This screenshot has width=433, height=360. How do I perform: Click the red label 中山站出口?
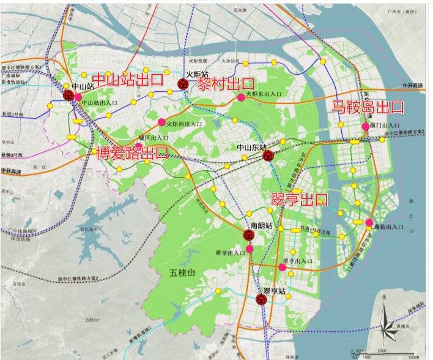point(127,79)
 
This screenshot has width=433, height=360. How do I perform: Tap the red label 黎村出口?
point(226,84)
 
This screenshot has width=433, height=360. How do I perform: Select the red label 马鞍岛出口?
point(368,108)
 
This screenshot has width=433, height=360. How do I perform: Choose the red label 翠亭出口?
point(299,199)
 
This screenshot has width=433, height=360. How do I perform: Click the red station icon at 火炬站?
point(182,84)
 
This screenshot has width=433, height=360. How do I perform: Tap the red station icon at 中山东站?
point(267,156)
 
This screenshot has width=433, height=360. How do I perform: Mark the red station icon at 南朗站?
point(249,234)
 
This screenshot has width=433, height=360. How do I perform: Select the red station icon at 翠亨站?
point(261,299)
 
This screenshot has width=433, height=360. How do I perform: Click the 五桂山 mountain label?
point(182,272)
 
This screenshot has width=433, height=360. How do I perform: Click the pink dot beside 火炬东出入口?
point(241,97)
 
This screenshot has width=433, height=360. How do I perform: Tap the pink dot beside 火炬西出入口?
point(161,122)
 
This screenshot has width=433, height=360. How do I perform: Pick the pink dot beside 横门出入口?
point(365,126)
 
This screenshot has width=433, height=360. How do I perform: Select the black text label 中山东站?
point(253,148)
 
